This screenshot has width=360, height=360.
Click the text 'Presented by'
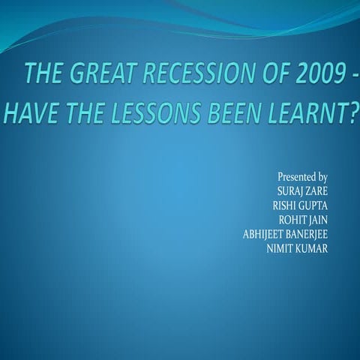point(302,177)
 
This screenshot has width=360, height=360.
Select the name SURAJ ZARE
point(302,190)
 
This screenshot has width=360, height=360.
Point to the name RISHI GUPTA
point(300,205)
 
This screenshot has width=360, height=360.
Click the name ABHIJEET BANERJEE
point(285,232)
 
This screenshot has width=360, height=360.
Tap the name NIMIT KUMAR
point(297,247)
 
